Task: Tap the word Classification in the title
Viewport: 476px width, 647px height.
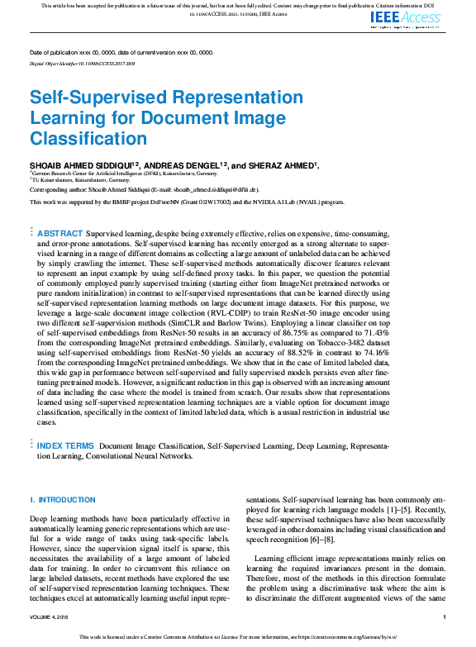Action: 88,138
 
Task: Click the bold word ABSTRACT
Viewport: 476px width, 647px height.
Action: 60,235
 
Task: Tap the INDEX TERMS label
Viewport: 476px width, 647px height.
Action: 67,445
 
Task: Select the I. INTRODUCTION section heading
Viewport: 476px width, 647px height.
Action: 63,500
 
